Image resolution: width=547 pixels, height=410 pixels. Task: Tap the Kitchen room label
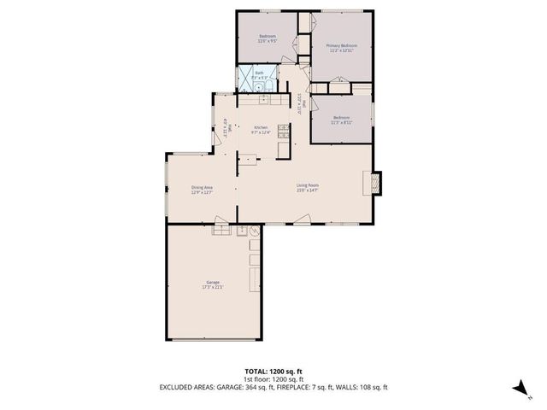[261, 128]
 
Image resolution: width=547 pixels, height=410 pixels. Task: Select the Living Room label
[308, 185]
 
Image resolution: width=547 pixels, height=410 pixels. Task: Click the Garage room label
[212, 282]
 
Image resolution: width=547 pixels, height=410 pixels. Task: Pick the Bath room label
[260, 73]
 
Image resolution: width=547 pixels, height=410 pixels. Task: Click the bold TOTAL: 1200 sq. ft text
[273, 372]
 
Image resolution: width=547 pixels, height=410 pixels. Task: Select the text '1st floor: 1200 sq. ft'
[273, 379]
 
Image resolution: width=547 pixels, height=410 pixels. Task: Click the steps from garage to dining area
[221, 228]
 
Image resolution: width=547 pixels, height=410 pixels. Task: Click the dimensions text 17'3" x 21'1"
[212, 287]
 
